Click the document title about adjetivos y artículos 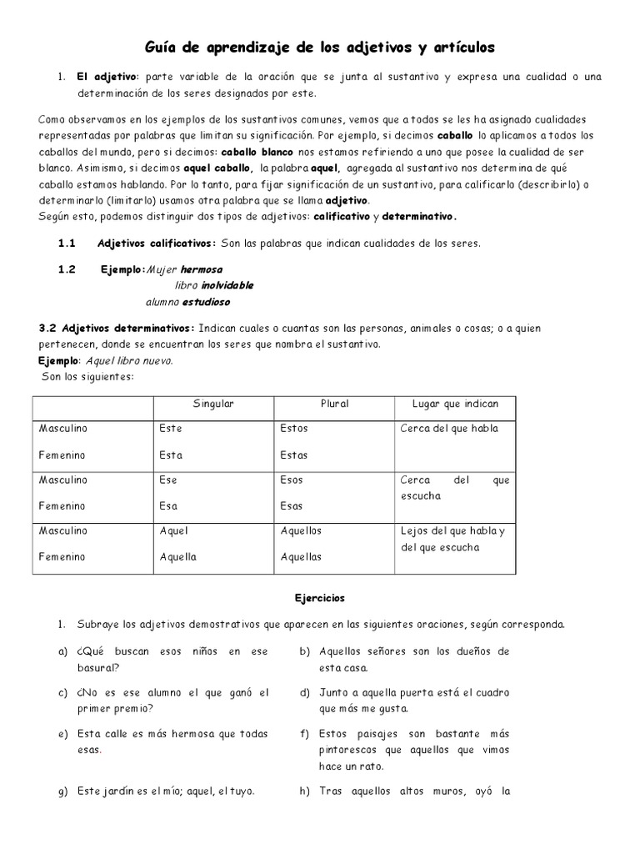(x=320, y=48)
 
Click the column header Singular (x=213, y=404)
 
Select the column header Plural (x=334, y=404)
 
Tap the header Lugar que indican (x=455, y=404)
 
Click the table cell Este (x=171, y=429)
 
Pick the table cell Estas (x=294, y=455)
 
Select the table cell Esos (x=292, y=480)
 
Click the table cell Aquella (x=177, y=556)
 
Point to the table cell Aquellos (x=301, y=530)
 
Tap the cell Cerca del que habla (x=449, y=429)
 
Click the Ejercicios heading (x=319, y=598)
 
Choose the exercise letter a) (x=62, y=651)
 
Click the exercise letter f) (x=304, y=734)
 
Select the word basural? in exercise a (x=98, y=667)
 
